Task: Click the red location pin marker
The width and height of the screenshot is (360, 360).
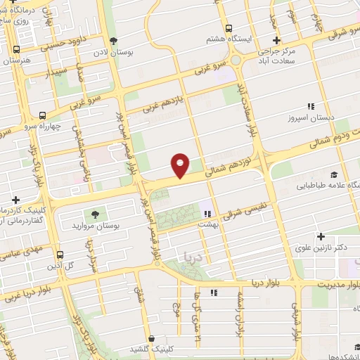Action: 181,165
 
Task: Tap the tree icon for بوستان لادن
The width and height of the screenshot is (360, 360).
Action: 123,40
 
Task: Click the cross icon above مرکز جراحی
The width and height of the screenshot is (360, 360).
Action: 277,40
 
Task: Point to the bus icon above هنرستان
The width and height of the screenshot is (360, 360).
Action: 15,49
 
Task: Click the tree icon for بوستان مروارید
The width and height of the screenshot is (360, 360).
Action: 92,214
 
